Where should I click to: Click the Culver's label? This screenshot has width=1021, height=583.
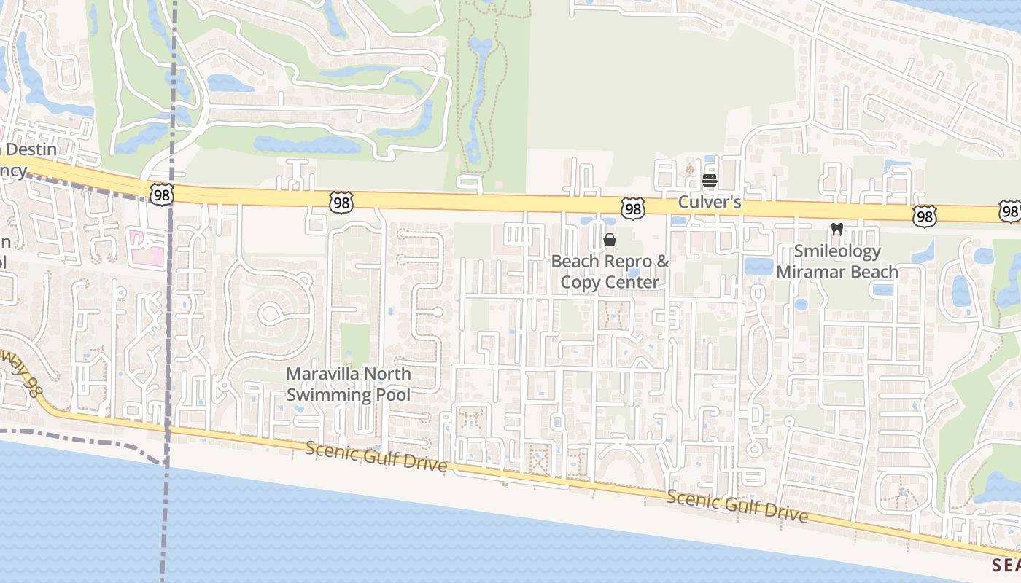[x=710, y=202]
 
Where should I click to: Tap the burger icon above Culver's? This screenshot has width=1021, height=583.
[x=710, y=181]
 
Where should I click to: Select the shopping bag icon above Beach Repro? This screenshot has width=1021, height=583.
[x=610, y=240]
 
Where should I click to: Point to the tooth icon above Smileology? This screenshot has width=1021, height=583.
[x=837, y=229]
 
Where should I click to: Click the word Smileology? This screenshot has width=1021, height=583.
[x=837, y=251]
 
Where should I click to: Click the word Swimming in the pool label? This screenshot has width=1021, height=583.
[x=326, y=394]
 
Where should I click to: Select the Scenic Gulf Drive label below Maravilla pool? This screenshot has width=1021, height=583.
[x=376, y=456]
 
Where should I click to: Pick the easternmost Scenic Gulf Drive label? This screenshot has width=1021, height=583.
[x=737, y=506]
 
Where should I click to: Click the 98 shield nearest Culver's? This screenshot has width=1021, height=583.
[x=633, y=209]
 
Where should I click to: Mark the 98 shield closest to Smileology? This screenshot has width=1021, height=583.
[x=924, y=215]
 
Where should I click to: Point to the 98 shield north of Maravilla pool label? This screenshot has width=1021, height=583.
[x=341, y=202]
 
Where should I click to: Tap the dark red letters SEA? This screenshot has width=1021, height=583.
[x=1006, y=565]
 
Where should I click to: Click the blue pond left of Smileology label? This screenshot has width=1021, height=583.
[x=758, y=265]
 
